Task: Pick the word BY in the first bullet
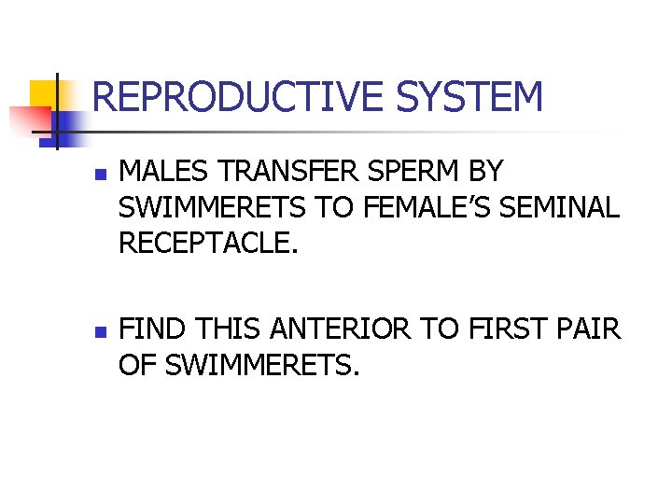click(x=485, y=173)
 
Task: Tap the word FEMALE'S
click(x=419, y=207)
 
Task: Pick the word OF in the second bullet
click(x=138, y=364)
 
